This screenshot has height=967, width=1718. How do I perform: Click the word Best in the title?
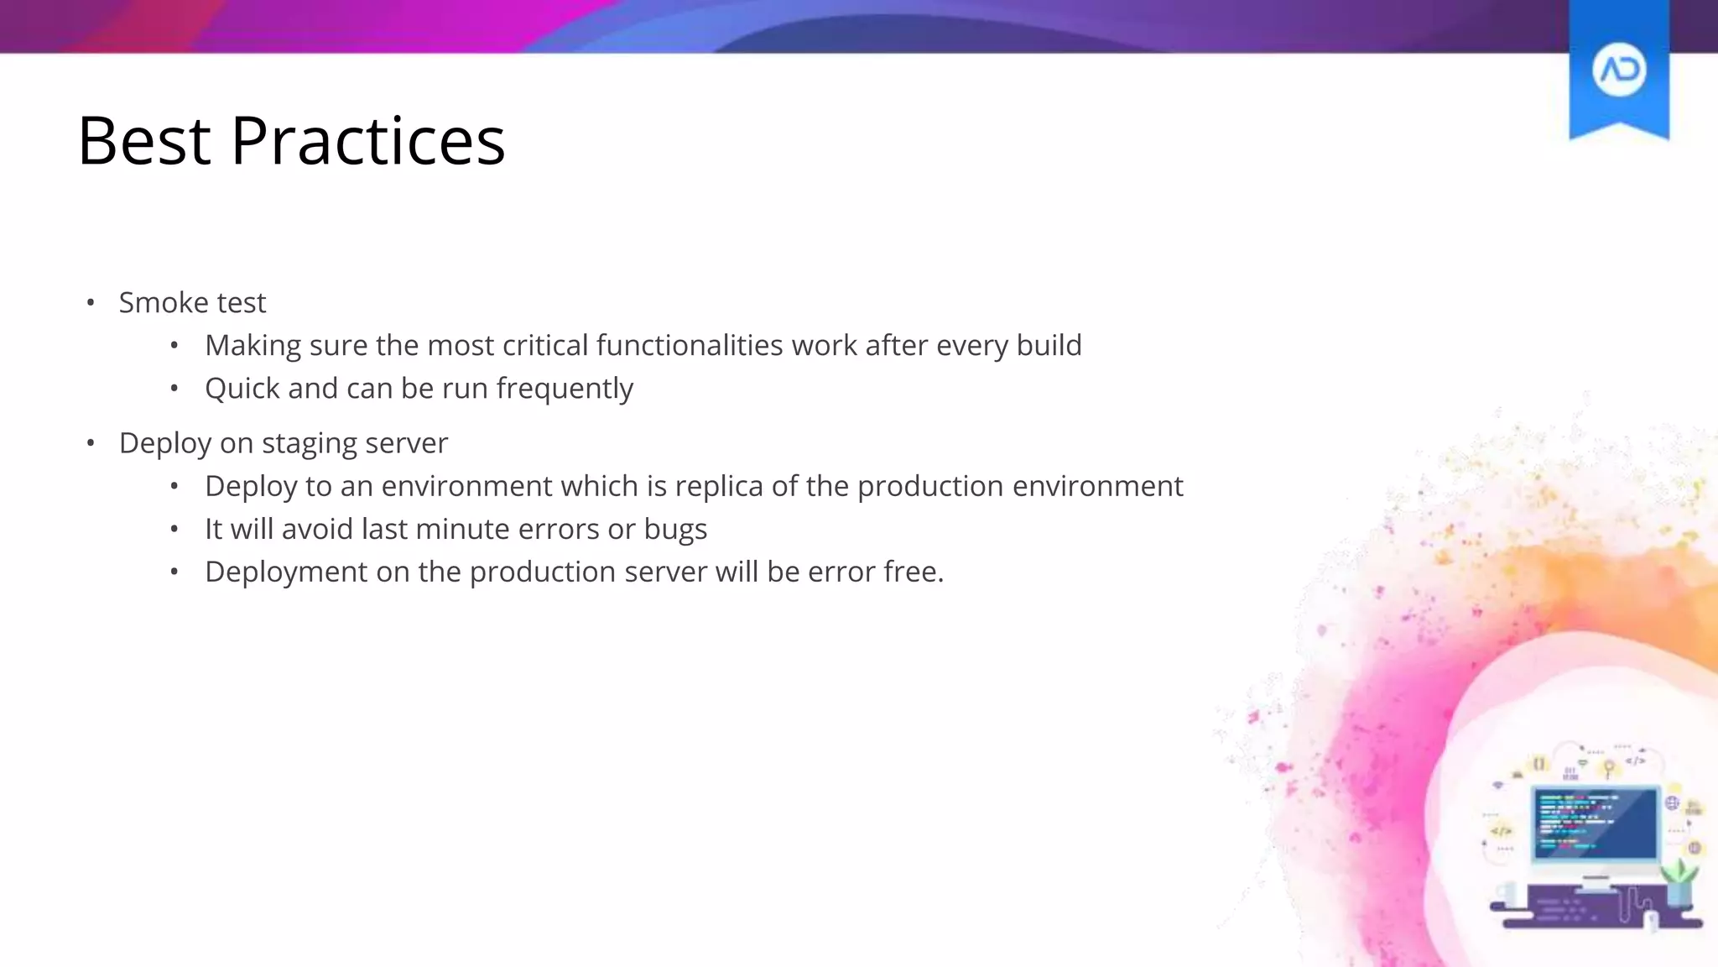pos(143,141)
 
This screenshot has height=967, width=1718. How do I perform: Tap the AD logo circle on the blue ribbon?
pos(1618,71)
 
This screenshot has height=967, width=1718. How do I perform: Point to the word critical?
pos(545,346)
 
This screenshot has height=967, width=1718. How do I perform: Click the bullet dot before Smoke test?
pos(91,303)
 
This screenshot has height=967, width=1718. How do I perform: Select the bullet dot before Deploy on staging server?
pos(91,443)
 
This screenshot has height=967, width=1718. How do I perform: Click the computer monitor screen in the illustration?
pos(1596,823)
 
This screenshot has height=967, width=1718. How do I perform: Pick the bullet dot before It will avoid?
pos(174,530)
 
